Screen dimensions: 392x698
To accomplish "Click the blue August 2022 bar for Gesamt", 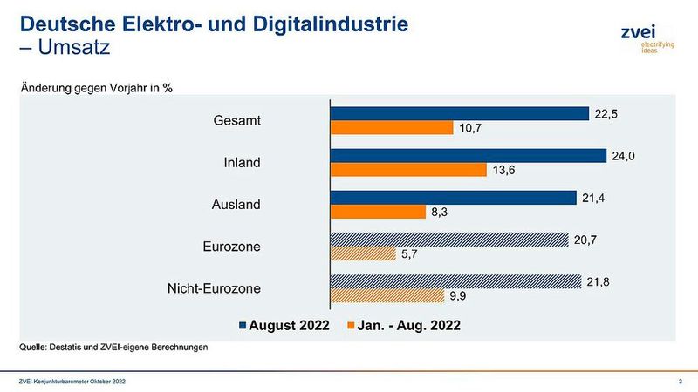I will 459,113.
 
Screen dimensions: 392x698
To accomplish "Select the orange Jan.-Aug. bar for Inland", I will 407,170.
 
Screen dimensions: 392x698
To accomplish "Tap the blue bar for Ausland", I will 452,197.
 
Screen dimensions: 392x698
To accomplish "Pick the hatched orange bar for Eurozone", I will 362,253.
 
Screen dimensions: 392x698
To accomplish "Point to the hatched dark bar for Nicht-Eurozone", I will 455,280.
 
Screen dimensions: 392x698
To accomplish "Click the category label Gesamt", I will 236,120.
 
